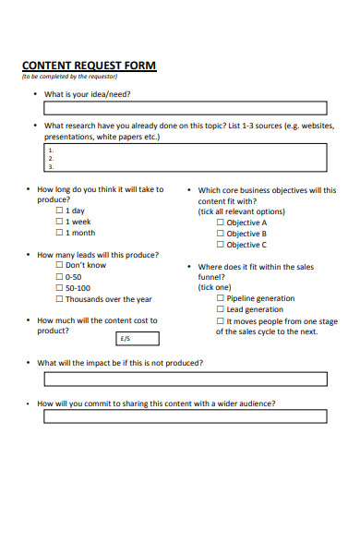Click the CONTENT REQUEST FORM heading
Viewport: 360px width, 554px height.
pos(89,66)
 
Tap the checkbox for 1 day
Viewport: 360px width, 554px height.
pos(60,211)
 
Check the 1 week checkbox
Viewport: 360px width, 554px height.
pos(60,222)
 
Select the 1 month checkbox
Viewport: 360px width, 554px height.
pos(60,233)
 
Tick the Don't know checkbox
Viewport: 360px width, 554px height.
pos(60,265)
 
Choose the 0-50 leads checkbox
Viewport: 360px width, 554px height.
pos(60,276)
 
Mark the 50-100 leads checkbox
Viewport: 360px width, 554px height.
pos(60,287)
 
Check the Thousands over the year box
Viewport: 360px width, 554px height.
pos(60,299)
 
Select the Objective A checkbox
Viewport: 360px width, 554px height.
pos(221,223)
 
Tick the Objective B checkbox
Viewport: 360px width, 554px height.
pos(221,234)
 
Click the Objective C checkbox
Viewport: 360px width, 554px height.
pos(221,245)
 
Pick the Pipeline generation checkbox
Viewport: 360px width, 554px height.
pos(221,298)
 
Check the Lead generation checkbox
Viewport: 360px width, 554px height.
pos(221,309)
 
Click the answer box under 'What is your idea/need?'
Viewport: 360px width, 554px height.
pos(185,107)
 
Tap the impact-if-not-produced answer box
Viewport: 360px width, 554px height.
pos(185,379)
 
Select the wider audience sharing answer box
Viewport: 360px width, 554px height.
pos(185,416)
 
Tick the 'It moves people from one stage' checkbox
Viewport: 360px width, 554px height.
pos(221,320)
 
